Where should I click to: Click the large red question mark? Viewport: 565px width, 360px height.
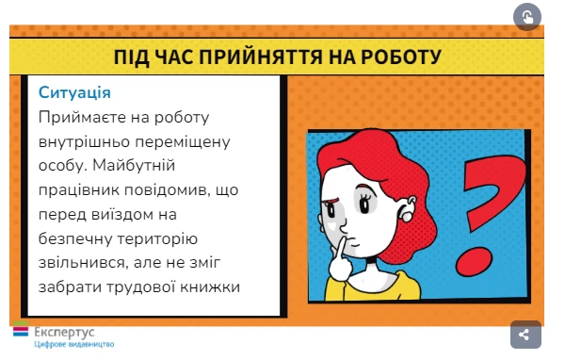point(488,209)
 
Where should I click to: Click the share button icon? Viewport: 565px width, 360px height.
point(525,334)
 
